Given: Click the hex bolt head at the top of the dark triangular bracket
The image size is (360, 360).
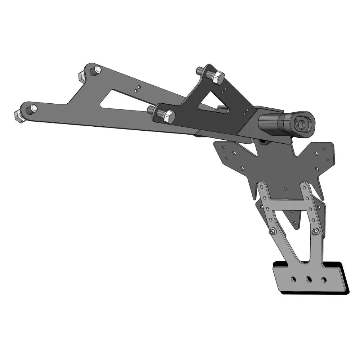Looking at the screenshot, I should [218, 77].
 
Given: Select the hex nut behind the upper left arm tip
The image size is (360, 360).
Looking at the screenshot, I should [81, 76].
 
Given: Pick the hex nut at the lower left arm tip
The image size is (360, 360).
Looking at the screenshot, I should [19, 116].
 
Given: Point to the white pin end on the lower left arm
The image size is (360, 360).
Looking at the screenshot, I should [33, 108].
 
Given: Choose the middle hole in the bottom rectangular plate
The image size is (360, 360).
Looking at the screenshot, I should [309, 279].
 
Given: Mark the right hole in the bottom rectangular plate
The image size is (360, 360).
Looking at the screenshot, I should [324, 279].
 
